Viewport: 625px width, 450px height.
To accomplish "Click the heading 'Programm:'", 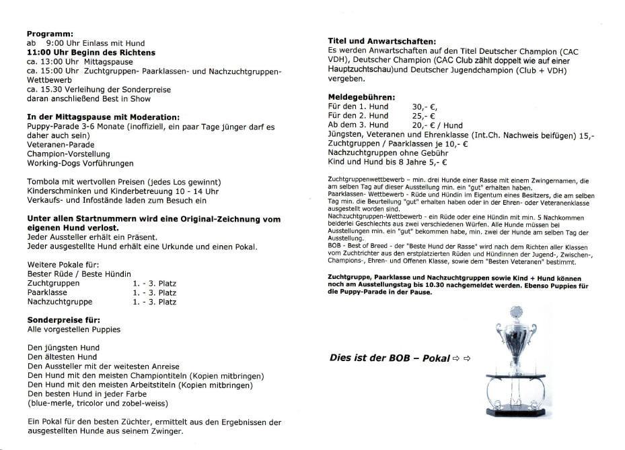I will coord(50,33).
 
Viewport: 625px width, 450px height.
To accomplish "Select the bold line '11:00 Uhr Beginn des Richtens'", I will coord(91,52).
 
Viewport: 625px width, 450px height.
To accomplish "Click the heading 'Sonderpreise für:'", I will coord(63,320).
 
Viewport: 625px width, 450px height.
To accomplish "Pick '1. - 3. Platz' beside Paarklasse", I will coord(155,293).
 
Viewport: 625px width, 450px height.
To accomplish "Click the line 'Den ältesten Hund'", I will coord(62,357).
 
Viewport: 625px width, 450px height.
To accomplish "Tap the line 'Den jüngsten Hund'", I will coord(63,348).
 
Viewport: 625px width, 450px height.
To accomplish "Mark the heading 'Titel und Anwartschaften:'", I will coord(381,41).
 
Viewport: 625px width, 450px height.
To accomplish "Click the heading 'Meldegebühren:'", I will coord(361,97).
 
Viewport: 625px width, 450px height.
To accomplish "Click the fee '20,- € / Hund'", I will coord(437,125).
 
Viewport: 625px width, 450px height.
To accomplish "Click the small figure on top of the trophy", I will coord(516,313).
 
